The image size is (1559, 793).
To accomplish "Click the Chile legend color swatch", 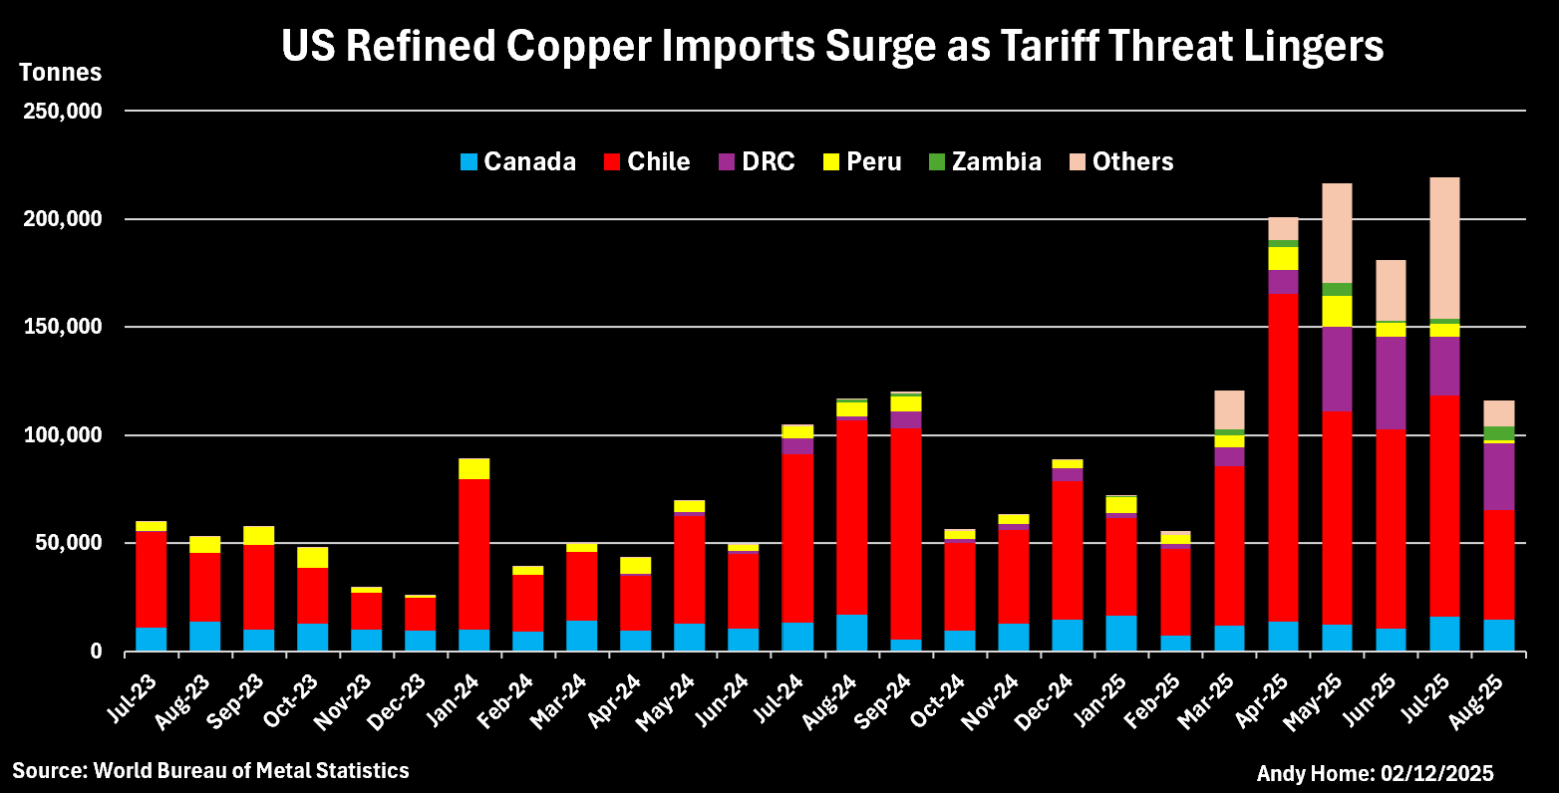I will (x=613, y=162).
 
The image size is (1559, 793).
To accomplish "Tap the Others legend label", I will (x=1132, y=161).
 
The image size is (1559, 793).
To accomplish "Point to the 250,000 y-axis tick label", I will (x=62, y=112).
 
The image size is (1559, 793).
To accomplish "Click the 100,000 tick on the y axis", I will (x=62, y=435).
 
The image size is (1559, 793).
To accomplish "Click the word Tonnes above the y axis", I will (x=61, y=73).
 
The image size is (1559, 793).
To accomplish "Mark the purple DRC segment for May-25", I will (x=1337, y=369).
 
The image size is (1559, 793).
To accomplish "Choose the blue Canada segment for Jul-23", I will (x=151, y=639).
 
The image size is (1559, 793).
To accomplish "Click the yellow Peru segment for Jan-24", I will (x=473, y=469).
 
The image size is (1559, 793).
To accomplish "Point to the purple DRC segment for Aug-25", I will (x=1498, y=476).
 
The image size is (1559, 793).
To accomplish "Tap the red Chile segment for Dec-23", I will (x=420, y=614).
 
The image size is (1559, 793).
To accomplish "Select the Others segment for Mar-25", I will (x=1229, y=409).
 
